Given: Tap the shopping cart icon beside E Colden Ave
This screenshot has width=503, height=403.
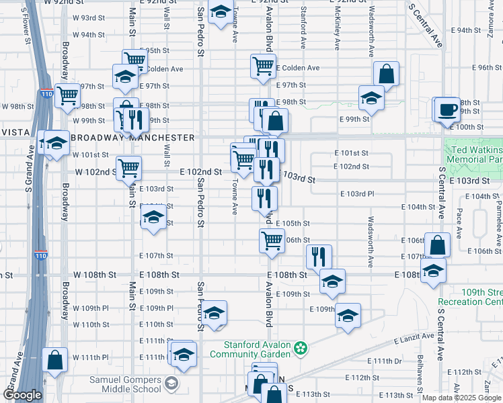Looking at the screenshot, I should (x=263, y=66).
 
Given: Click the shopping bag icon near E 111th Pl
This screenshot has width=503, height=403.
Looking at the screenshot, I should (x=54, y=359).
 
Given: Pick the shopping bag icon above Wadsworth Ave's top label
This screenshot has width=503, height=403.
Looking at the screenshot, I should (x=387, y=74).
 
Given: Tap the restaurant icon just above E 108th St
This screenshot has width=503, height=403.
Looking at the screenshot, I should (x=319, y=257).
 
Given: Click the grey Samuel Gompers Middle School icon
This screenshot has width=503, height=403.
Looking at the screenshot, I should (x=172, y=384).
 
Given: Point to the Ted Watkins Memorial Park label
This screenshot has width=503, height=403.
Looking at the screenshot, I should (x=475, y=154).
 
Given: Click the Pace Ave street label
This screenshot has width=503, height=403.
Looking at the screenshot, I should (x=459, y=223).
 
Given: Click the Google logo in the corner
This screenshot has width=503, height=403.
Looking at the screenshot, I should (x=22, y=395).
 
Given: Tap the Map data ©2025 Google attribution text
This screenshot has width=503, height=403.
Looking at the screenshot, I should (x=461, y=398).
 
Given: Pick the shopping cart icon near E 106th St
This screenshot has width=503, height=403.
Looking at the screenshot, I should (x=272, y=240).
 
